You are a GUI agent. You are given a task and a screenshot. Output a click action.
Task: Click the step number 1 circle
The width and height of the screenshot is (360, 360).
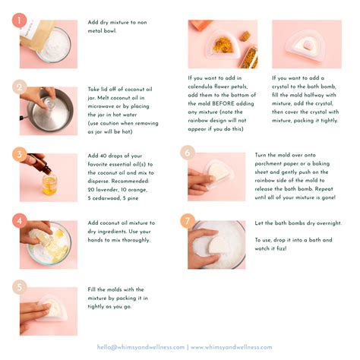19,21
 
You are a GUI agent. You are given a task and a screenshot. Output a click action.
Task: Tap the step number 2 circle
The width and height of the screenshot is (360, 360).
19,87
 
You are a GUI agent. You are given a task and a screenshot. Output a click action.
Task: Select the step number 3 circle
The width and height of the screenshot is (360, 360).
19,154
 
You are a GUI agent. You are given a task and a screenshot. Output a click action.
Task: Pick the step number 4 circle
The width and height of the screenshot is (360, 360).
19,221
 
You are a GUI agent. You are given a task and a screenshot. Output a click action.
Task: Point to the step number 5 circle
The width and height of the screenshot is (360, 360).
19,287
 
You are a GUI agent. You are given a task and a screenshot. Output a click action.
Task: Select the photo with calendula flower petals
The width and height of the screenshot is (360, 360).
223,45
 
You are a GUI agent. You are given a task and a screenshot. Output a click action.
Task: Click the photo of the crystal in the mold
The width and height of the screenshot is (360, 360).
306,45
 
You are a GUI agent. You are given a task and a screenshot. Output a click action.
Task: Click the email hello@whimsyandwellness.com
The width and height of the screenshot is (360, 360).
141,347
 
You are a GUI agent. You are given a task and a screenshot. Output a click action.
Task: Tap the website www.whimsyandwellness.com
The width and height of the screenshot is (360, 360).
231,347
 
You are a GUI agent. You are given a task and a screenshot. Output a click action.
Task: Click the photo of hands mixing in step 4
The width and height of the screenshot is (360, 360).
48,245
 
